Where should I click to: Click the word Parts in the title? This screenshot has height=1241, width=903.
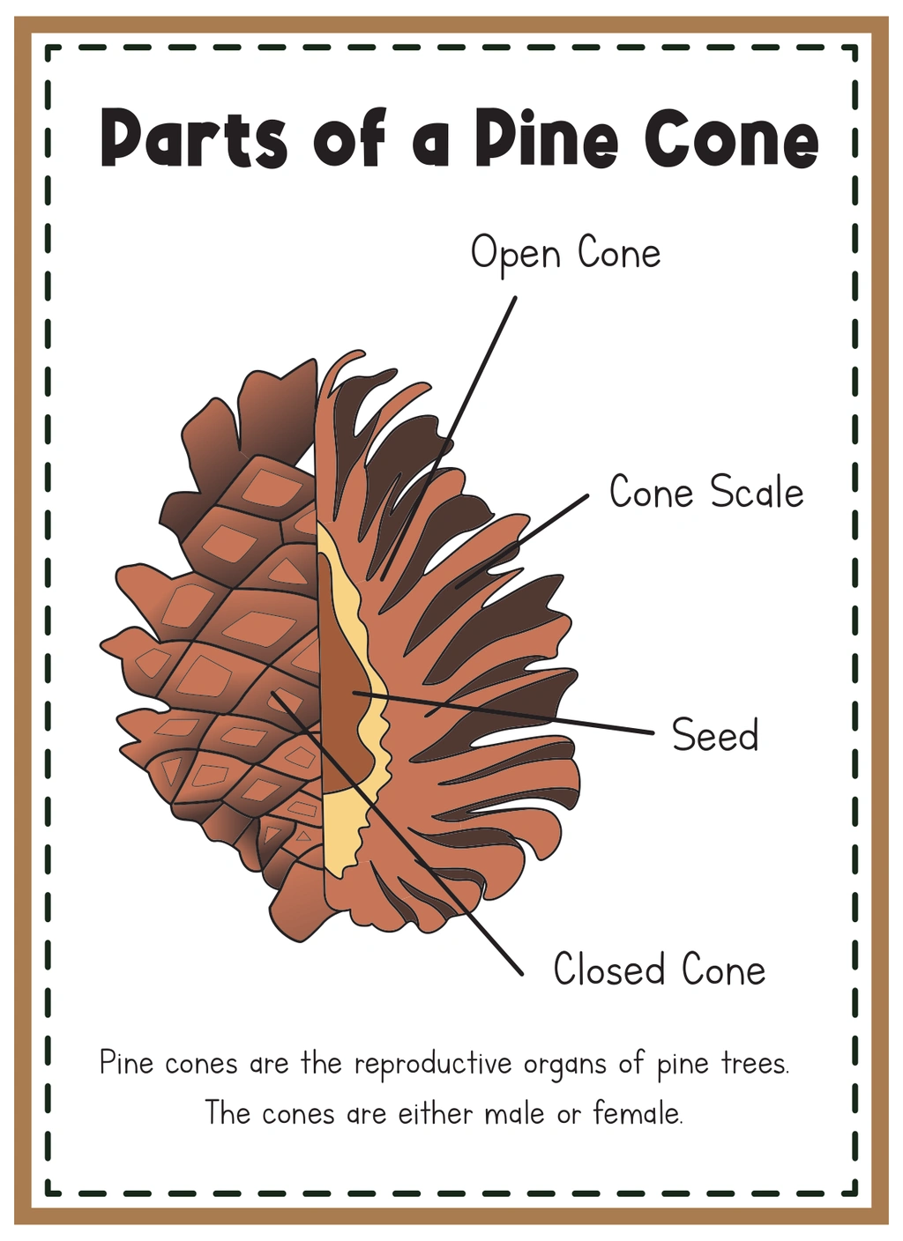[194, 138]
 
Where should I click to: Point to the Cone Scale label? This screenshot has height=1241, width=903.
[706, 491]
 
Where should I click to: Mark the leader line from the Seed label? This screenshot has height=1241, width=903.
[504, 712]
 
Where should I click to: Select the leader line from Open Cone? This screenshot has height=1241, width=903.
[449, 438]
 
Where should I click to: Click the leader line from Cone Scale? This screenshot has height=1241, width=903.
[522, 541]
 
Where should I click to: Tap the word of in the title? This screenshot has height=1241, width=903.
[349, 138]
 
